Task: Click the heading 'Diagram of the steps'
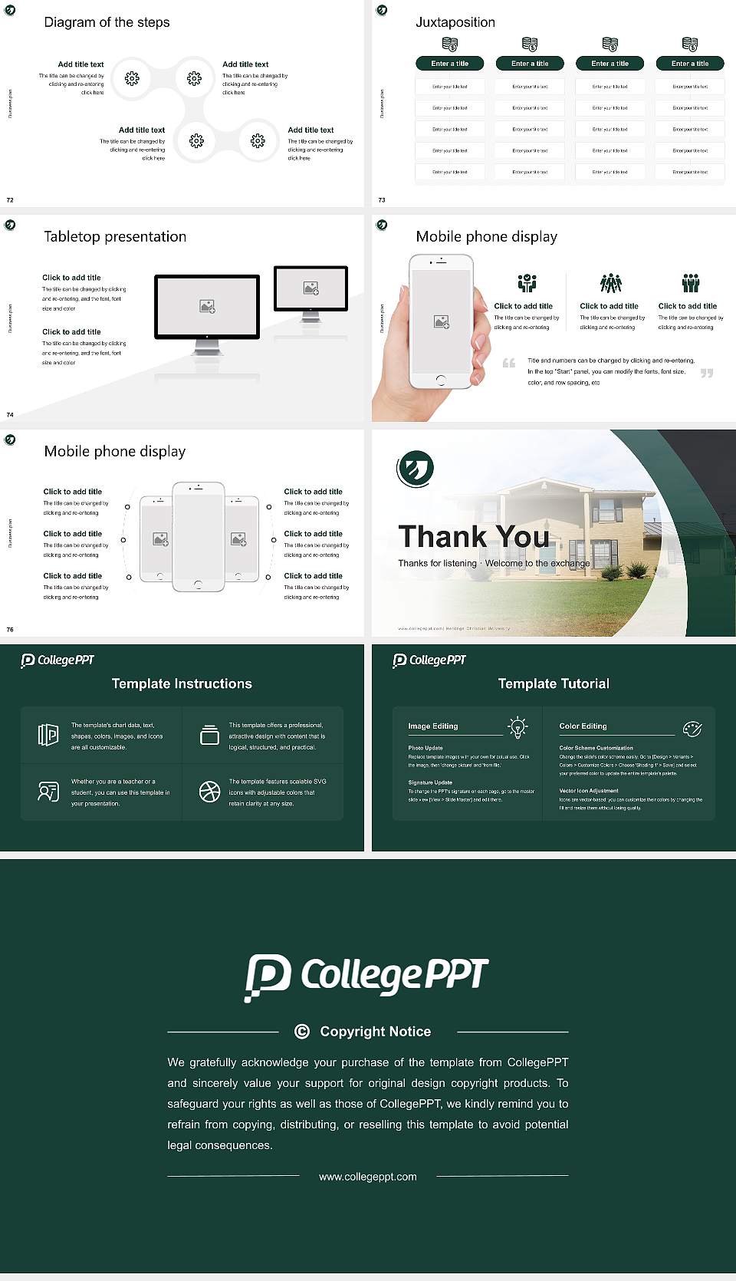(x=107, y=22)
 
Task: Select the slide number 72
(x=10, y=199)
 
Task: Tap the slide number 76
(x=10, y=629)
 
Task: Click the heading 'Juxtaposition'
(x=455, y=22)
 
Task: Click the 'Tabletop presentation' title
(x=115, y=236)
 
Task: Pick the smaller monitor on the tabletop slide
(x=310, y=289)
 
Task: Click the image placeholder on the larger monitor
(x=207, y=306)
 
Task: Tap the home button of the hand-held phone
(x=440, y=380)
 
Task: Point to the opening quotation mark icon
(x=509, y=363)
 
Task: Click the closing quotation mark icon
(x=707, y=373)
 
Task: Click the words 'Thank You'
(x=474, y=536)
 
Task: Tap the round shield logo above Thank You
(x=416, y=468)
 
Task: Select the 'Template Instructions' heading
(x=182, y=683)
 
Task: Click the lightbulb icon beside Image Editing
(x=517, y=727)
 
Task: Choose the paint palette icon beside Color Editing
(x=692, y=729)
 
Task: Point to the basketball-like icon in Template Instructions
(x=209, y=792)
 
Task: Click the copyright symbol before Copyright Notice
(x=302, y=1031)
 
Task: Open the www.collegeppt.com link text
(x=368, y=1176)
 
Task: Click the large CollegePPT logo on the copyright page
(x=366, y=976)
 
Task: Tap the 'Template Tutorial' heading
(x=554, y=683)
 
